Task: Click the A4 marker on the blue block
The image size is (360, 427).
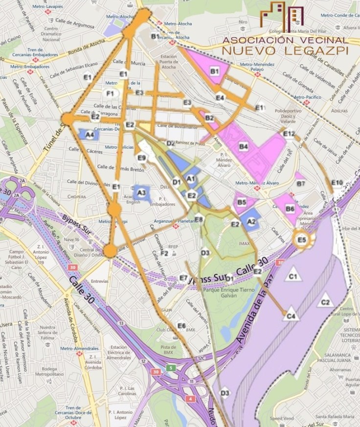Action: click(89, 135)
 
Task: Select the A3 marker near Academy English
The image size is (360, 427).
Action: click(142, 193)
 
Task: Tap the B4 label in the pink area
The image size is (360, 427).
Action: click(244, 146)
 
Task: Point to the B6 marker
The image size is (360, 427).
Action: click(290, 209)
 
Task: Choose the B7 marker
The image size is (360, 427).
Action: click(301, 184)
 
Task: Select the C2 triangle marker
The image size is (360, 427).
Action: click(325, 302)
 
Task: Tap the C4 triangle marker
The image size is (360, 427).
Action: click(291, 316)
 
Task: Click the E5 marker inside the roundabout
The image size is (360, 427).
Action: click(302, 239)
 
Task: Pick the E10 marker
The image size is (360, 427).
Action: click(337, 183)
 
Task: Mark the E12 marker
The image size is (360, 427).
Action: click(289, 134)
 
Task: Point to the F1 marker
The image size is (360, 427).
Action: click(110, 94)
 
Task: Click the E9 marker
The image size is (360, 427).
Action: click(142, 158)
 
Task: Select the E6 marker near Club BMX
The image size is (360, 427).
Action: click(181, 326)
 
